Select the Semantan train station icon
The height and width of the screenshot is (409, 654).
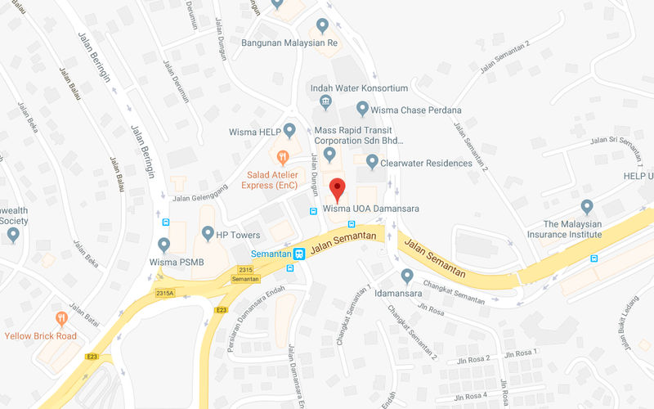[300, 254]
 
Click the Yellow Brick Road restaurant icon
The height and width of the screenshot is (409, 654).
[60, 319]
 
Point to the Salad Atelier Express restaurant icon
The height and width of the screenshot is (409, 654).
[283, 155]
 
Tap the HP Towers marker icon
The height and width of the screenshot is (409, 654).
[208, 234]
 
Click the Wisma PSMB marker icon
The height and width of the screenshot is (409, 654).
[164, 245]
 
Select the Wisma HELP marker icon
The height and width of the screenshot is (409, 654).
[289, 131]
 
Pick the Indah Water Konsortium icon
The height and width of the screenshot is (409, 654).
[325, 102]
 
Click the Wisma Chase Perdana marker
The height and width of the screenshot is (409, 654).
[362, 109]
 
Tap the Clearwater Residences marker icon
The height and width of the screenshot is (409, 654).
[372, 162]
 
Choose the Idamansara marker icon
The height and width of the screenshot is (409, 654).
[406, 276]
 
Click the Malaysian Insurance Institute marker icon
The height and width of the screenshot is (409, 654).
[586, 207]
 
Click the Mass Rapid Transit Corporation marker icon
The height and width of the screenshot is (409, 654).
[329, 154]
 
